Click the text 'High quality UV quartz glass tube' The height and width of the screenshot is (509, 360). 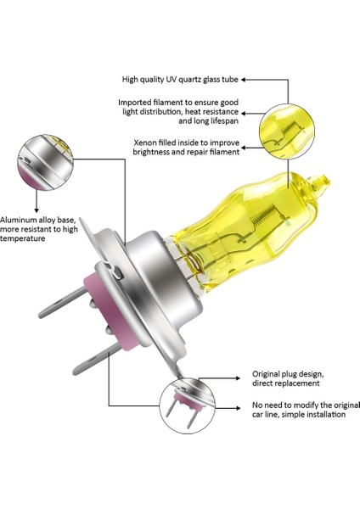coord(180,80)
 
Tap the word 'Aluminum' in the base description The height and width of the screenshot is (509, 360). coord(18,220)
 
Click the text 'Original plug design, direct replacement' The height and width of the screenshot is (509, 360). coord(288,378)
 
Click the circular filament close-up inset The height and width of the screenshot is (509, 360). coord(287,131)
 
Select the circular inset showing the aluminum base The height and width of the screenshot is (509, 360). coord(46,162)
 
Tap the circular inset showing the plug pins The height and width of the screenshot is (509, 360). coord(187,406)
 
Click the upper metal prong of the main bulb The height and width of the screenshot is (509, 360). coord(62,303)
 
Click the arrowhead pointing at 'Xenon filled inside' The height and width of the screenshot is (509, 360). coord(244,148)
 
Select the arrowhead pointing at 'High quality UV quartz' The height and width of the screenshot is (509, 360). coord(243,80)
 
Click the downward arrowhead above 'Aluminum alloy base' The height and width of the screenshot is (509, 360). coord(37,210)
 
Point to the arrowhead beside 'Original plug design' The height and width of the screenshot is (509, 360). coord(238,378)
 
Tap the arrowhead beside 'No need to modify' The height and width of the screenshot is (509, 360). coord(239,408)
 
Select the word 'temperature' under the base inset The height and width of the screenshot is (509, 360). coord(22,238)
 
